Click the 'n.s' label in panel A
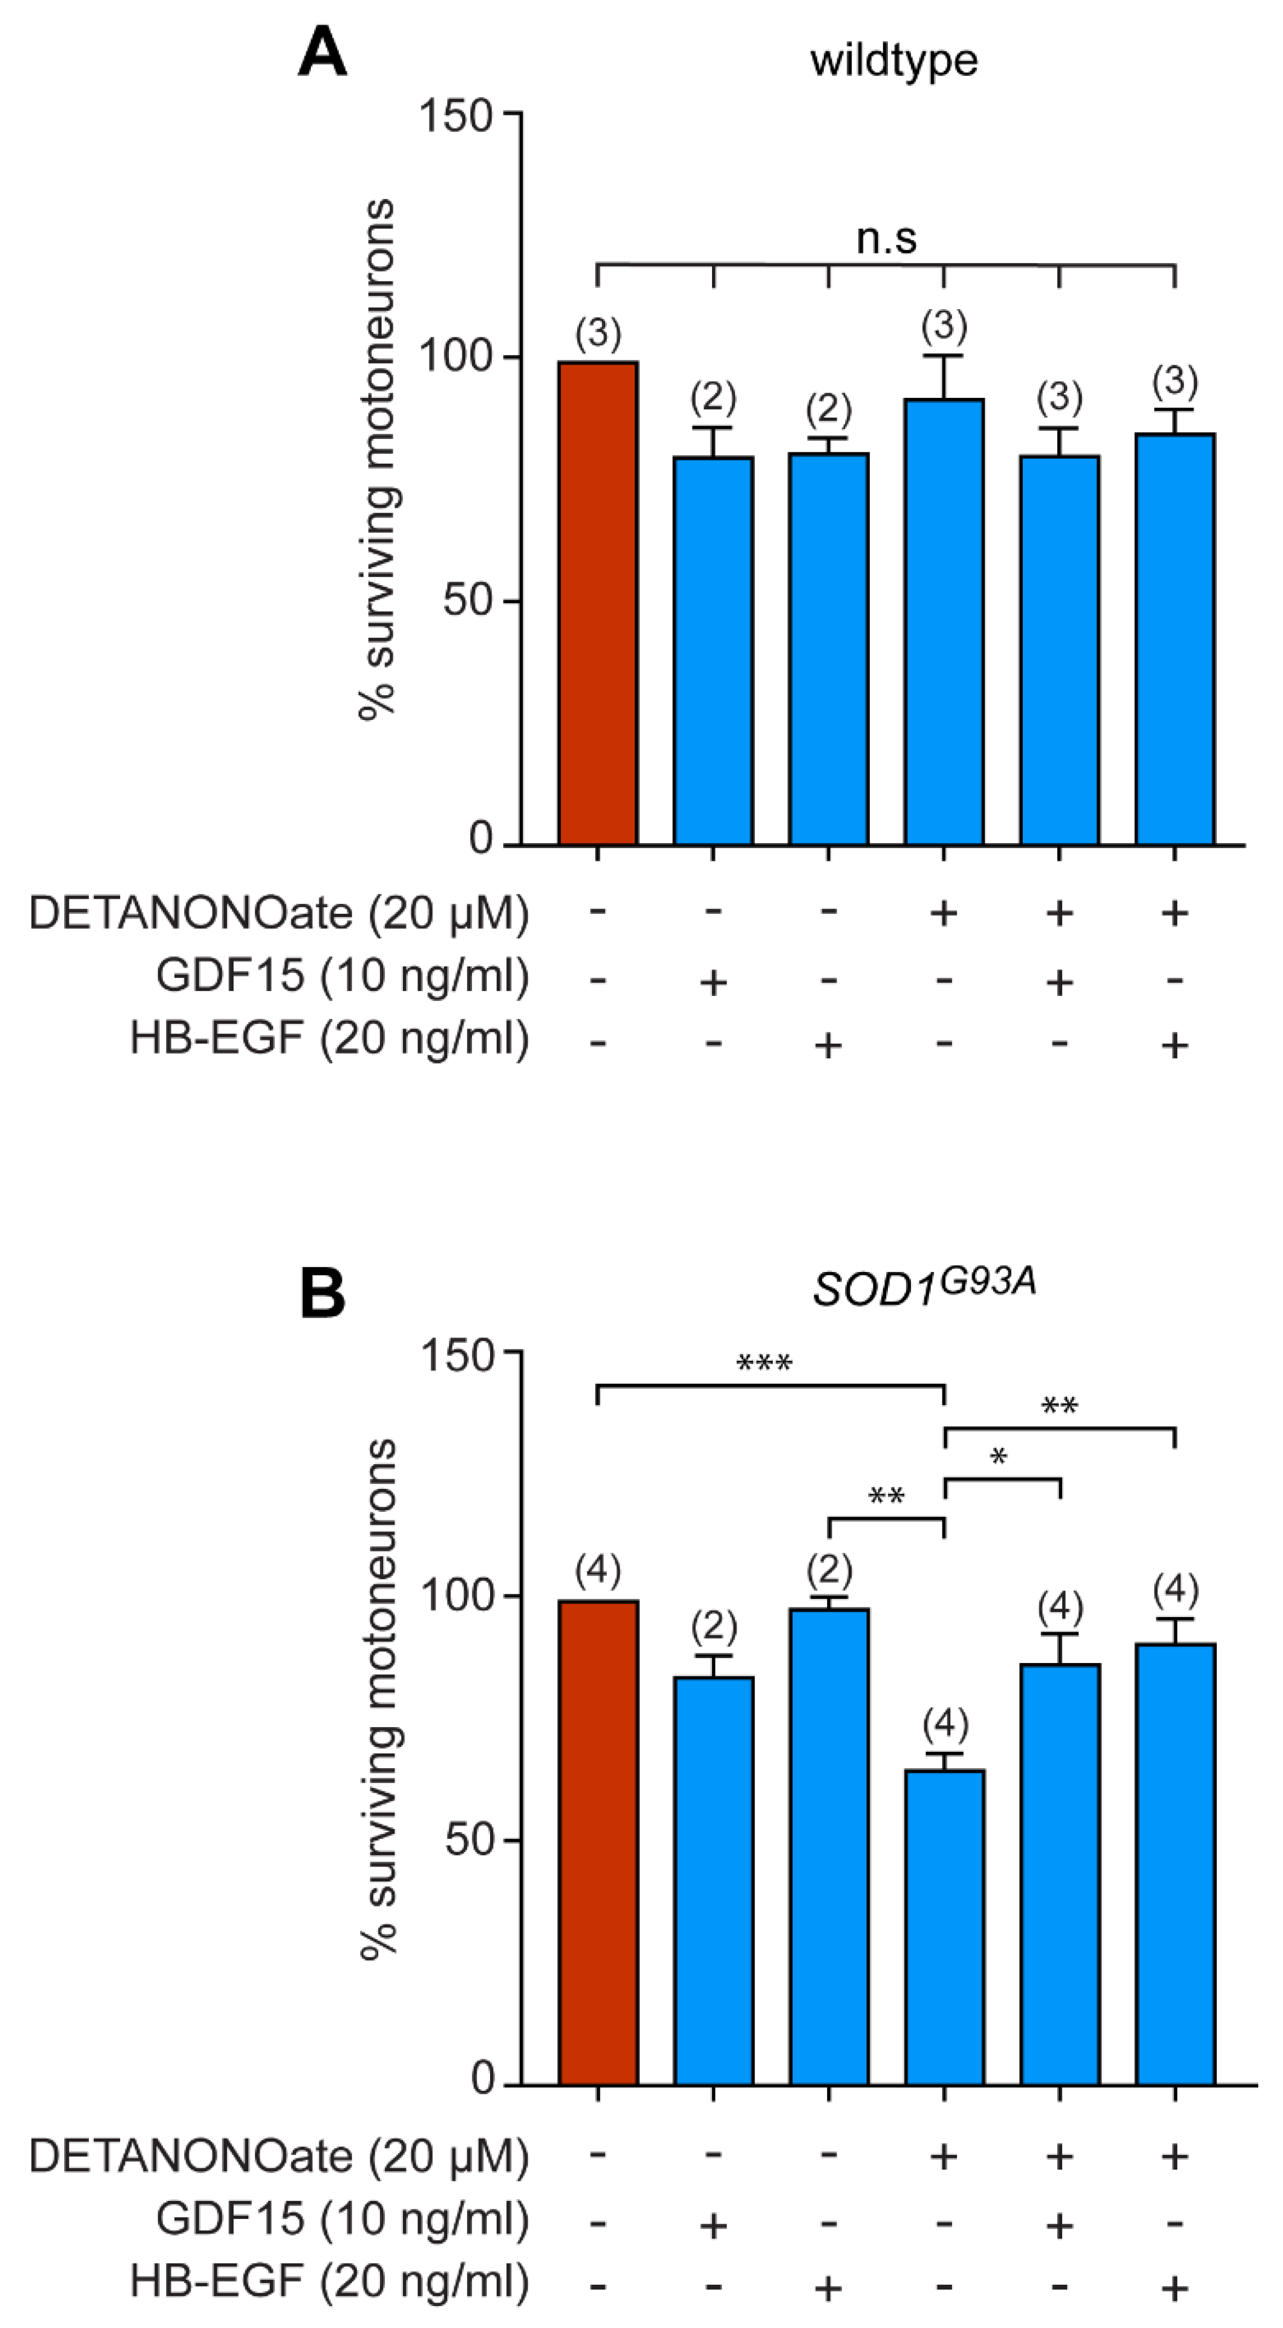pyautogui.click(x=886, y=238)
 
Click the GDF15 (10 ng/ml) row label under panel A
pyautogui.click(x=342, y=976)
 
